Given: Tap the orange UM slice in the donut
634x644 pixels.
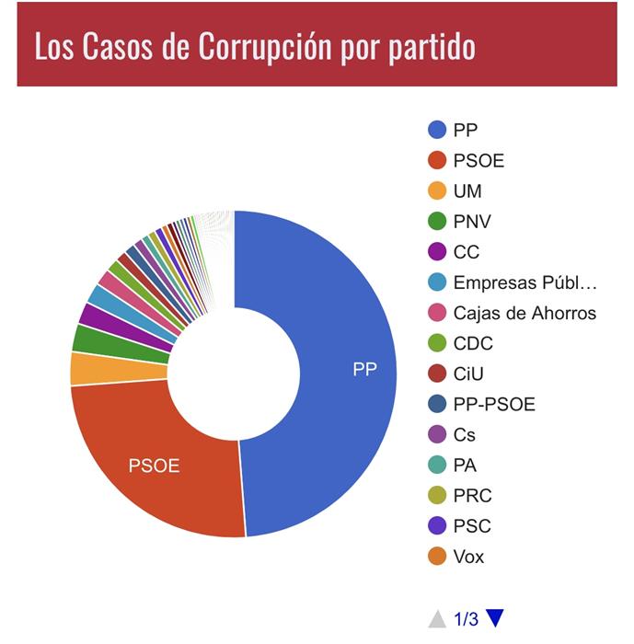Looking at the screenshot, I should click(86, 368).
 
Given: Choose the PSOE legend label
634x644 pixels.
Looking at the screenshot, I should click(478, 160).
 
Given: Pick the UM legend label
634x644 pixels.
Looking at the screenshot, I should click(467, 190).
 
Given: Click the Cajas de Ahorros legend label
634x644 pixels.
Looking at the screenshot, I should click(524, 313).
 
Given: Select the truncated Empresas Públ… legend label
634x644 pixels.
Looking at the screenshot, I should click(524, 282).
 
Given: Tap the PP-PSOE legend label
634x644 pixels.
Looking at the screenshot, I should click(493, 404).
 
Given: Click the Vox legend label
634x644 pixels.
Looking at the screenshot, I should click(468, 556).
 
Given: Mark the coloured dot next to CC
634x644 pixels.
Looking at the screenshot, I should click(438, 252).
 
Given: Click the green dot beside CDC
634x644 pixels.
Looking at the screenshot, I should click(438, 343).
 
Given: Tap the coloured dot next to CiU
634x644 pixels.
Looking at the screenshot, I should click(438, 374).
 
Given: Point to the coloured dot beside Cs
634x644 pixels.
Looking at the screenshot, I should click(438, 434).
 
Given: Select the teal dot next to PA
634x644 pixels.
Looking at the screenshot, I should click(438, 465).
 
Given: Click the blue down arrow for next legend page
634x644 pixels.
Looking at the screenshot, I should click(496, 618).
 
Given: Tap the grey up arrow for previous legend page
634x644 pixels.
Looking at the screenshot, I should click(437, 618).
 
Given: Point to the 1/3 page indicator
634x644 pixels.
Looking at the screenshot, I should click(467, 619).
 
